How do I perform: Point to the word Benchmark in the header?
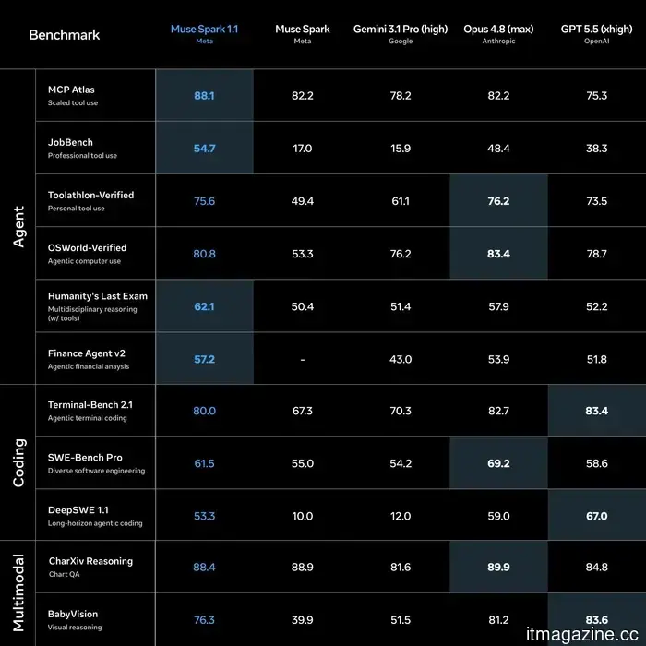pos(65,35)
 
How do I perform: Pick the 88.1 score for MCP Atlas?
pos(204,96)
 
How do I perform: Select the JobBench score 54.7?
pos(204,149)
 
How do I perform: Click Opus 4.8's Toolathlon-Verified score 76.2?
pos(498,201)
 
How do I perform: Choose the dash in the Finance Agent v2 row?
pos(303,360)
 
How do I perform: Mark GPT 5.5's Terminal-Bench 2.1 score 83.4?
pos(596,411)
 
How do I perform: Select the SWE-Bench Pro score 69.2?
pos(498,463)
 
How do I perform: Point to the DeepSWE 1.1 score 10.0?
pos(303,516)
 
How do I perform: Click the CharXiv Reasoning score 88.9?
pos(303,568)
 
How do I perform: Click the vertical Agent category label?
pos(19,227)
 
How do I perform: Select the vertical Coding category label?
pos(19,462)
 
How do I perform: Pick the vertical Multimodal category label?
pos(19,593)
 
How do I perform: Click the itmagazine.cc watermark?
pos(582,635)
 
